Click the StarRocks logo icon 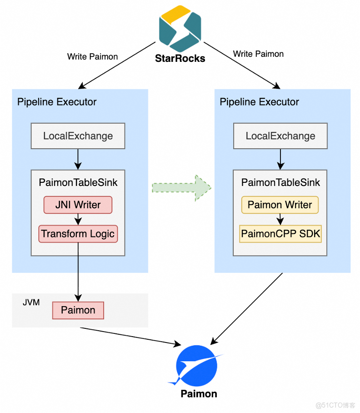[x=180, y=28]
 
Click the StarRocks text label [x=180, y=58]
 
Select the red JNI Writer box [x=78, y=205]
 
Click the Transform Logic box [x=78, y=234]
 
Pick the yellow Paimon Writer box [x=280, y=205]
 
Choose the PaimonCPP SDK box [x=280, y=234]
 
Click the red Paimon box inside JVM [x=78, y=310]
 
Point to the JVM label [x=31, y=302]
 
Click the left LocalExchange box [x=78, y=136]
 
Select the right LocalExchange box [x=280, y=136]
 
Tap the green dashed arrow [x=182, y=187]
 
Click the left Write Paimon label [x=92, y=57]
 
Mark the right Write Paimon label [x=258, y=54]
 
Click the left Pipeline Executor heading [x=57, y=102]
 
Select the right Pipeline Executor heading [x=259, y=102]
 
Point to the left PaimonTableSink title [x=78, y=183]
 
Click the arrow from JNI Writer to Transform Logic [x=78, y=219]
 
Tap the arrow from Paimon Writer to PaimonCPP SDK [x=280, y=219]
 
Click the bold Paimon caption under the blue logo [x=199, y=394]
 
